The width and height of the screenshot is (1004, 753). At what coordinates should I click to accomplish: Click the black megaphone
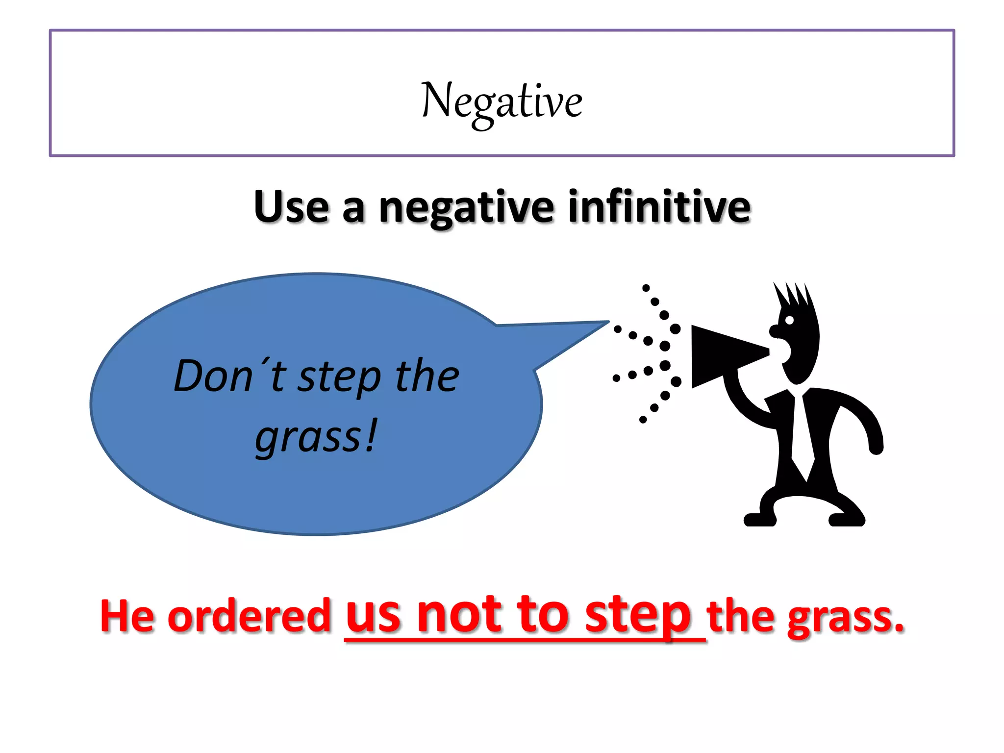721,355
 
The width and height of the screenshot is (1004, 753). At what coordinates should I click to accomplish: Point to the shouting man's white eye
789,320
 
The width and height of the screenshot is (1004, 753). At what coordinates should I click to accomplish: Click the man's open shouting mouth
782,351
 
